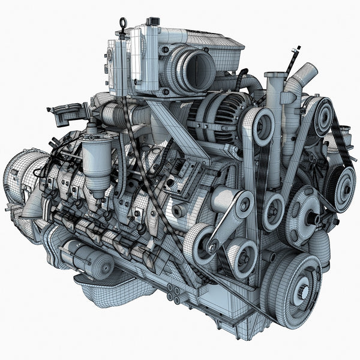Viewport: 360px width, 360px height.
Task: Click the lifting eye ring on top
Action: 124,23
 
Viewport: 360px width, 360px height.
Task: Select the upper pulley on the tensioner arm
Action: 242,205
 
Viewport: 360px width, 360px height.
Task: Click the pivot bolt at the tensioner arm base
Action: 212,247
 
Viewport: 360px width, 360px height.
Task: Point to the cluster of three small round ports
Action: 174,292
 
